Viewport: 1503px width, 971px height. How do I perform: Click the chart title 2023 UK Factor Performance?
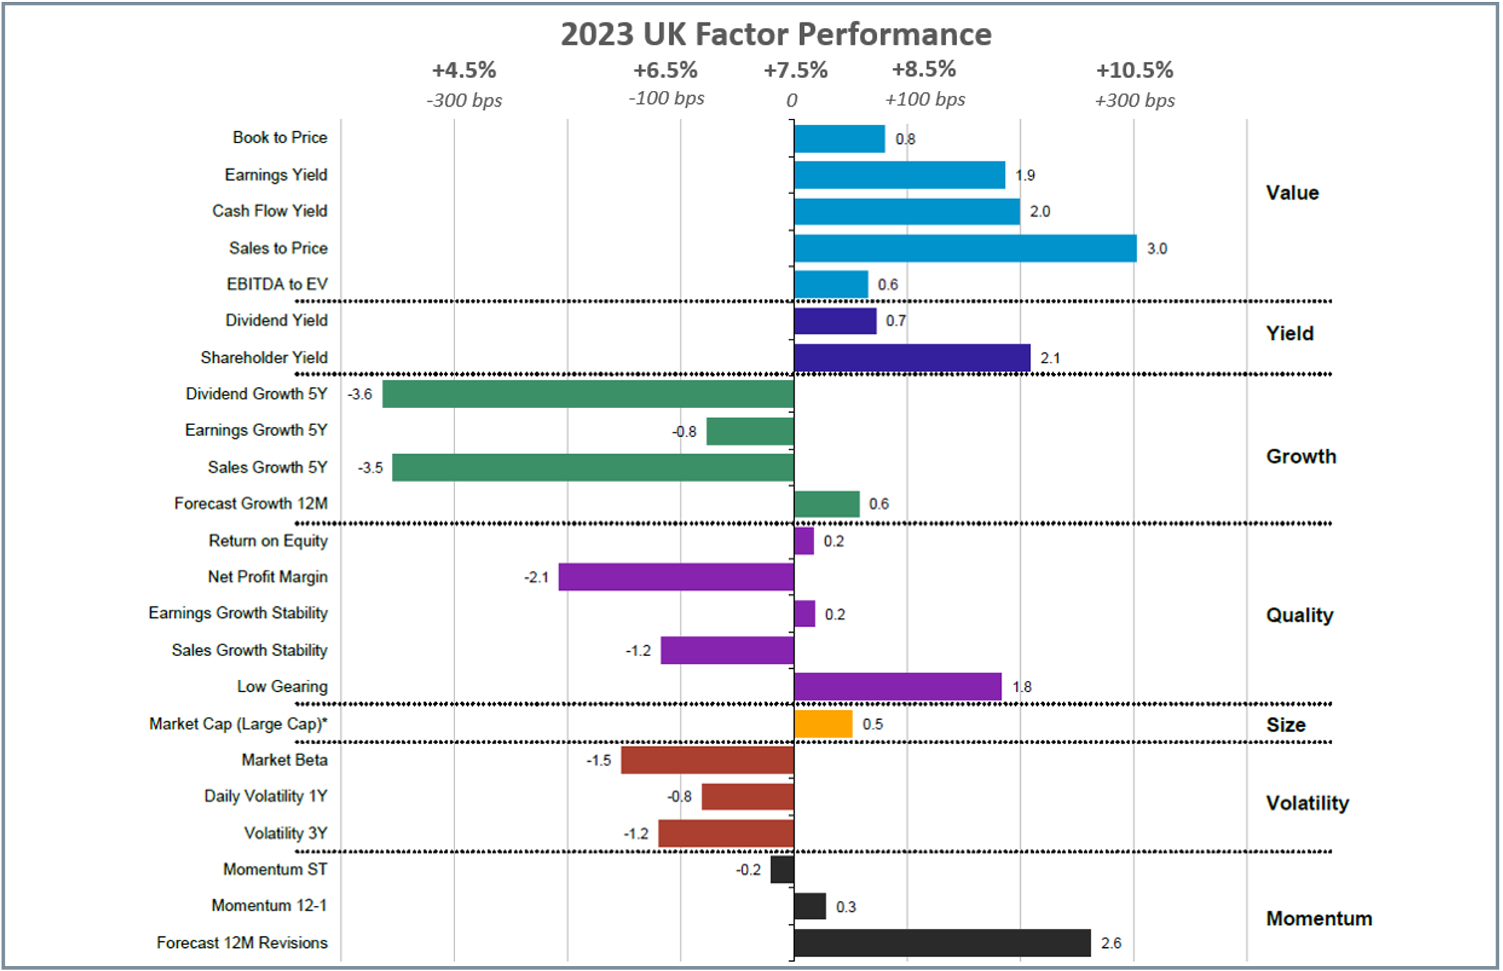[x=776, y=35]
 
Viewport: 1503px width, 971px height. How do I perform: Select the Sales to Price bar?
[x=964, y=249]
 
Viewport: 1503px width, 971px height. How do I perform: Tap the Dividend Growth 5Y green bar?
[x=587, y=395]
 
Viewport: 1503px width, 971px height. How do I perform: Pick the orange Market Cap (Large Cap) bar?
[x=822, y=725]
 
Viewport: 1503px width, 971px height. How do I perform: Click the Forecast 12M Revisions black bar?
[x=941, y=943]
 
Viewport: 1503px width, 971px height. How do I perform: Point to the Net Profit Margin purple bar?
[x=676, y=577]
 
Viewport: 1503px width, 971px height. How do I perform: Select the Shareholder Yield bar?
[x=911, y=359]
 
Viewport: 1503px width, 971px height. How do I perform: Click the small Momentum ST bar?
[x=782, y=870]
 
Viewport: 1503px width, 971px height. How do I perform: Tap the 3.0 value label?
[x=1157, y=249]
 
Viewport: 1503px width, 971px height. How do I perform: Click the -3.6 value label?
[x=359, y=395]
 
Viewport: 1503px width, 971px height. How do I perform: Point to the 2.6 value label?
[x=1111, y=943]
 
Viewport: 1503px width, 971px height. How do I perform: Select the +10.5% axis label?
[x=1134, y=70]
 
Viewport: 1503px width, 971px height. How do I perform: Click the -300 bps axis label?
[x=464, y=100]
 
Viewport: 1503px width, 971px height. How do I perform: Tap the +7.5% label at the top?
[x=795, y=70]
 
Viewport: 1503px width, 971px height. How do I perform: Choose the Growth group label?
[x=1301, y=456]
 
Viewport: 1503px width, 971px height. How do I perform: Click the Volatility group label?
[x=1307, y=803]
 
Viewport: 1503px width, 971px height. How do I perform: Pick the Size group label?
[x=1285, y=725]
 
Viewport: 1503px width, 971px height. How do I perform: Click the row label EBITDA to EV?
[x=277, y=285]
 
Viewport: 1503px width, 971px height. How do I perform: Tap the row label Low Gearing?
[x=282, y=687]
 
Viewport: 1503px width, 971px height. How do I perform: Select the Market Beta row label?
[x=285, y=761]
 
